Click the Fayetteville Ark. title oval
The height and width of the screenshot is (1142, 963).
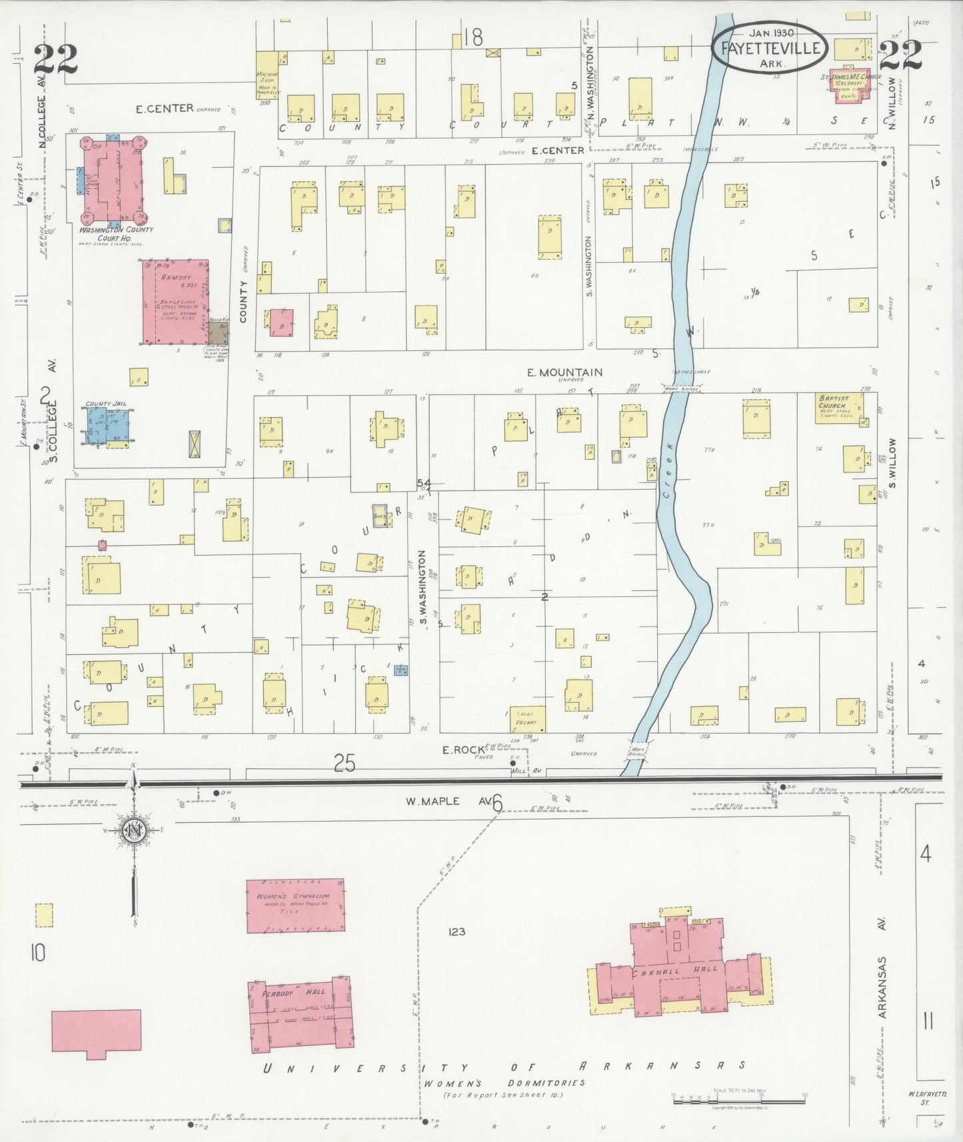coord(770,49)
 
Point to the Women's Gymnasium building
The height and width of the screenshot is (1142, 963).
coord(295,905)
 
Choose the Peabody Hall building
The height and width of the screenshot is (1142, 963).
coord(300,1017)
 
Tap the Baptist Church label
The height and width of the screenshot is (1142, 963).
coord(833,402)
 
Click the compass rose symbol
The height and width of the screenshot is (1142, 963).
coord(134,832)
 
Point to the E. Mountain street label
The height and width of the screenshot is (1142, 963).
coord(564,372)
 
